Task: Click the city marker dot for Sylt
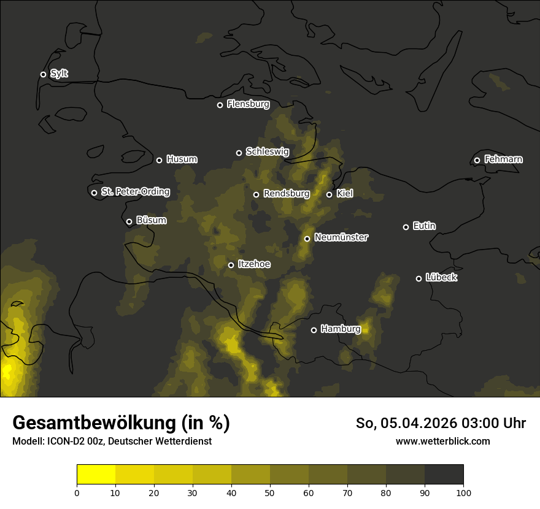(x=43, y=74)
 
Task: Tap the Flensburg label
(x=248, y=104)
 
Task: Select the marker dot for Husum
(x=159, y=160)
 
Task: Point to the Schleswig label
(x=267, y=151)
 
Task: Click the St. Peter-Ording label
(x=135, y=192)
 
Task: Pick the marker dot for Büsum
(x=129, y=221)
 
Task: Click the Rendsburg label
(x=287, y=194)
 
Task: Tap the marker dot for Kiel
(x=329, y=194)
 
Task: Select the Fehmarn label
(x=503, y=159)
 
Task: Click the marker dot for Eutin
(x=406, y=227)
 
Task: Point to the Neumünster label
(x=341, y=237)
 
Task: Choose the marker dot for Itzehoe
(x=231, y=265)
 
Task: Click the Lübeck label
(x=441, y=278)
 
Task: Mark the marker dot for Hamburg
(x=314, y=330)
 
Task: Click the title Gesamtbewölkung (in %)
(x=121, y=423)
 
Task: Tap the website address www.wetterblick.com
(x=442, y=441)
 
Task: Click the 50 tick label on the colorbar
(x=270, y=492)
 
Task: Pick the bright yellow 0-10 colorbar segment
(x=96, y=474)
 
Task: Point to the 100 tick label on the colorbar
(x=463, y=492)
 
